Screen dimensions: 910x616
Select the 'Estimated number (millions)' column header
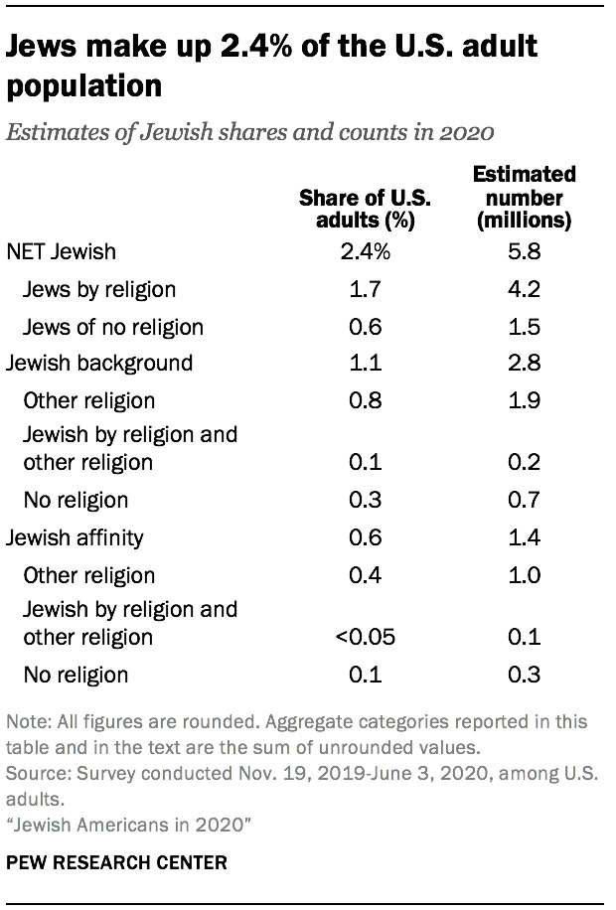[524, 197]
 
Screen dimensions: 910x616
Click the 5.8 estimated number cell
[524, 252]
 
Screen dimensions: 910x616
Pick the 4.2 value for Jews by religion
[524, 289]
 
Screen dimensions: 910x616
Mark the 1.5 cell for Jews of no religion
[524, 327]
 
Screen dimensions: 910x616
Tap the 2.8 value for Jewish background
[524, 364]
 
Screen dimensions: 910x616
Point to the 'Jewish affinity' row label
[76, 537]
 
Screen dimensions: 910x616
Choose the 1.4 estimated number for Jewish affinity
[524, 537]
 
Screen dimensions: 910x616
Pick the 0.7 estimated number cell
[524, 500]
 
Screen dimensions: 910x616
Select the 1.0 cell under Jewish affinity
[524, 575]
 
